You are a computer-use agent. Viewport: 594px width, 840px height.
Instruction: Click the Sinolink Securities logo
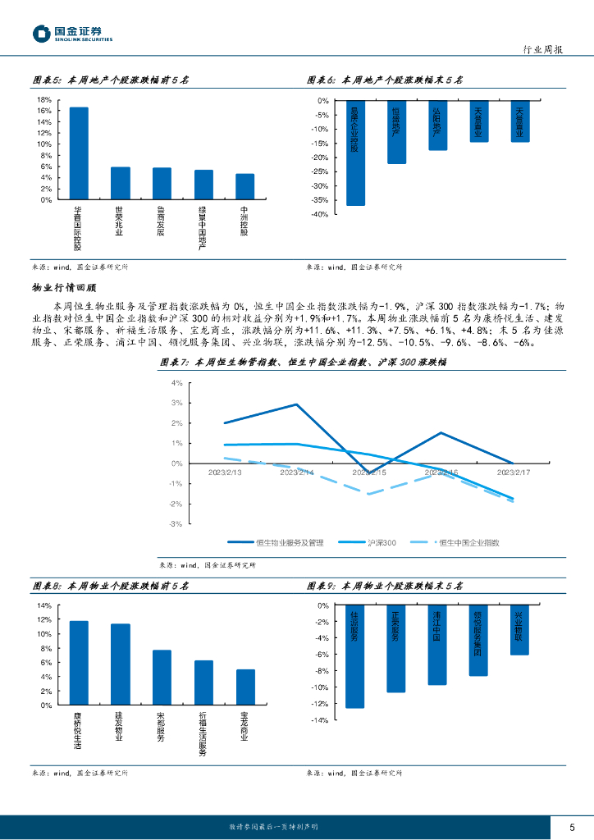(72, 33)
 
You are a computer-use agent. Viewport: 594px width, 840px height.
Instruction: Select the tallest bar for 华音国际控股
(79, 153)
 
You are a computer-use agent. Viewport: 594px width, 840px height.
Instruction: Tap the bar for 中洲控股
(244, 186)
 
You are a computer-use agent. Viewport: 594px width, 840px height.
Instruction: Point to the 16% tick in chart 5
(45, 111)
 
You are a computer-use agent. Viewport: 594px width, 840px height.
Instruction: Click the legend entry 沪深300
(381, 542)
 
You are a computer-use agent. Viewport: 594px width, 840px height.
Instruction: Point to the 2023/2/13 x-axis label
(226, 472)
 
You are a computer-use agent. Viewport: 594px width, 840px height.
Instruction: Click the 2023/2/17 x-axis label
(514, 472)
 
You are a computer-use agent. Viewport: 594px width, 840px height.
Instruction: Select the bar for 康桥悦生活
(79, 663)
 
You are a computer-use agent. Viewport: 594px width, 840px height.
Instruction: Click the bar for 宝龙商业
(244, 687)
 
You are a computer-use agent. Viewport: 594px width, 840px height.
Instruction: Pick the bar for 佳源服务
(355, 656)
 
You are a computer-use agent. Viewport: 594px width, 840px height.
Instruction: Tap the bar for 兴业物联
(520, 630)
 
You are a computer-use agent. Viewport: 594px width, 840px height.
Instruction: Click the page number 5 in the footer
(571, 826)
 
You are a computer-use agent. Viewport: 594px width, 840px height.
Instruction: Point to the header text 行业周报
(542, 49)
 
